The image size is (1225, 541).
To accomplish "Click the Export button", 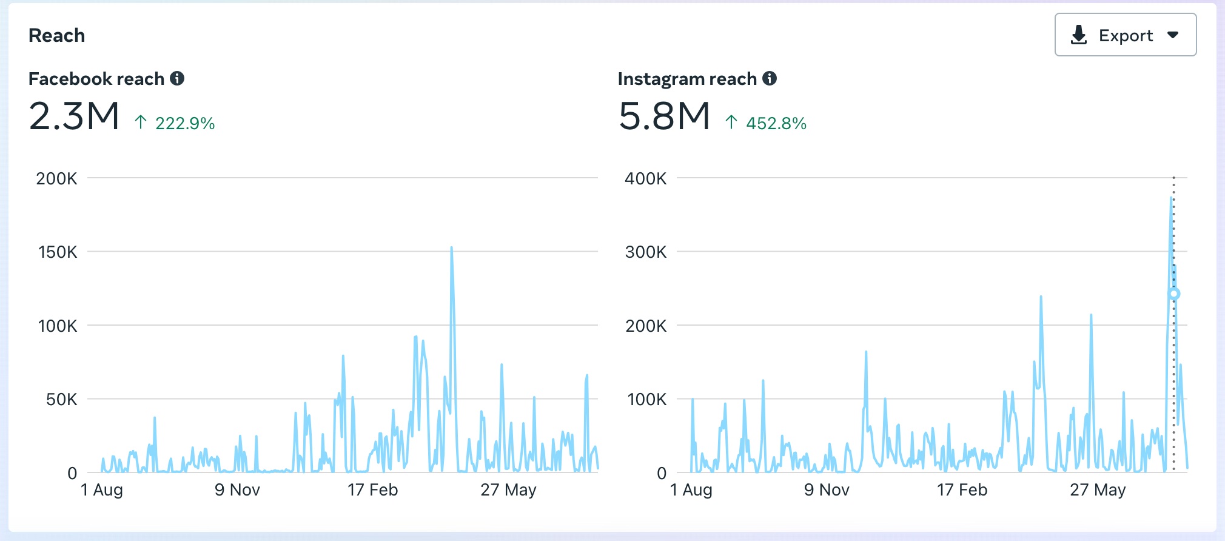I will [1125, 35].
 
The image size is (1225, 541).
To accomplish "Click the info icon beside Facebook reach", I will [177, 78].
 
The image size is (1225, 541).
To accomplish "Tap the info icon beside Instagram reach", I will [770, 78].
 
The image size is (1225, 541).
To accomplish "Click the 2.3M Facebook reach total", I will [74, 116].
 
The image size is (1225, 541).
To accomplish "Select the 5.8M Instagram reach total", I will [664, 116].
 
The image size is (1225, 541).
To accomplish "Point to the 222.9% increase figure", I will [184, 123].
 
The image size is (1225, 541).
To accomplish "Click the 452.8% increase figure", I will [776, 123].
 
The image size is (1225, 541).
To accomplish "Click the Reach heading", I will [56, 36].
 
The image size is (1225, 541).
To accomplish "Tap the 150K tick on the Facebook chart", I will [58, 252].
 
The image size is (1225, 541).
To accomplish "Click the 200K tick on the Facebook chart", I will [56, 179].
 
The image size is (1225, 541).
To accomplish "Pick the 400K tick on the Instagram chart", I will [645, 179].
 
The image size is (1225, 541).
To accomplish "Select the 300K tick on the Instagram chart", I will [646, 252].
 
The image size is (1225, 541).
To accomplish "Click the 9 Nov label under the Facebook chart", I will [237, 490].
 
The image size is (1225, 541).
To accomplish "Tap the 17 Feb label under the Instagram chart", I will [962, 490].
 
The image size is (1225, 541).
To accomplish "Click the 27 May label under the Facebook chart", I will [508, 490].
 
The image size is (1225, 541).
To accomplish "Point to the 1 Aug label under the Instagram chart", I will [691, 490].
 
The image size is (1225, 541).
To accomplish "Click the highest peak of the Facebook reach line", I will [451, 248].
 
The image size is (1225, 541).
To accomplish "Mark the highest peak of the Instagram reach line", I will [1171, 198].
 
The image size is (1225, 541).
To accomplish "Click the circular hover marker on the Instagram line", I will [1174, 294].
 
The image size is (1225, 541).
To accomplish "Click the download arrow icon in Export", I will [1079, 35].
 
